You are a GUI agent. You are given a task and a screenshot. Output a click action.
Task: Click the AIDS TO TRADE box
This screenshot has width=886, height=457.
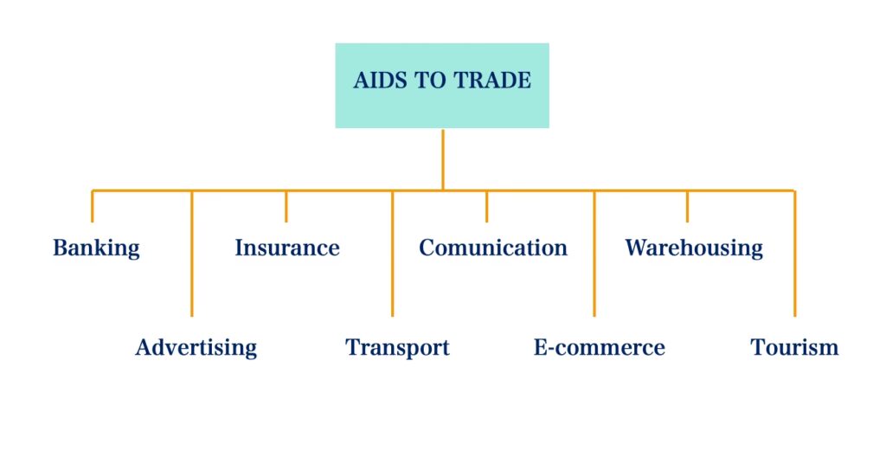(x=442, y=86)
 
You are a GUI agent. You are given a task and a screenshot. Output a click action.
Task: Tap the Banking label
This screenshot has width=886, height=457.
(x=96, y=248)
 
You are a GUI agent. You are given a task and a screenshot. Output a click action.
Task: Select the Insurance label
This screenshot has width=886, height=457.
(x=286, y=248)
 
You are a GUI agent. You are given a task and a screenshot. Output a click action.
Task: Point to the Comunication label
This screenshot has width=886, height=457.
(x=493, y=248)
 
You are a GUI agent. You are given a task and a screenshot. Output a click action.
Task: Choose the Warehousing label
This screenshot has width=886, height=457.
(x=694, y=248)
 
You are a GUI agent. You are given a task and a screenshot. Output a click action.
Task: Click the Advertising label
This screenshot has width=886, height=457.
(x=196, y=348)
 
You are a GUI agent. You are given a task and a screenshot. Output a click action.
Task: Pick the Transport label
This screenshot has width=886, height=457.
(x=397, y=348)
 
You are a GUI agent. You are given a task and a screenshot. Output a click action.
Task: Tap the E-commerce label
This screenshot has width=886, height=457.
(x=599, y=348)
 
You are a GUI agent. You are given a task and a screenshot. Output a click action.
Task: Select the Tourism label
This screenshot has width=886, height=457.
(x=794, y=348)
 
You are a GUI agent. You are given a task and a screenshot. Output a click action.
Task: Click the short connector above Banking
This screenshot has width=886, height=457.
(x=93, y=206)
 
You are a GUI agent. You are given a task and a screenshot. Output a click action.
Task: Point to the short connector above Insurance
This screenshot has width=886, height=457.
(x=286, y=206)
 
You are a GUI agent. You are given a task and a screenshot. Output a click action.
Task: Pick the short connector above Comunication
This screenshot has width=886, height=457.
(x=486, y=206)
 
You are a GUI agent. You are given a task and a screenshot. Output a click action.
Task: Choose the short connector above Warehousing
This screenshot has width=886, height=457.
(x=688, y=206)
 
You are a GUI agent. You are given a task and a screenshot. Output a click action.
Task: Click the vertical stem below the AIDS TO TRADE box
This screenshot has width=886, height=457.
(x=442, y=159)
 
